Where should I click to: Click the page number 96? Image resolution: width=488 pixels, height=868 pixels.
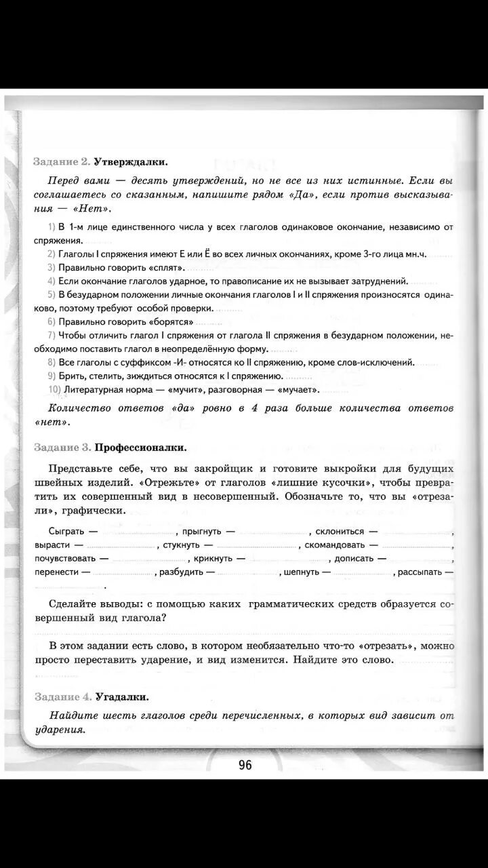(245, 765)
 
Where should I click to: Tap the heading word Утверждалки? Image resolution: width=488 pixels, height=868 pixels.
(130, 162)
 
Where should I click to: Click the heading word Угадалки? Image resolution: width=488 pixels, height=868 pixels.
(122, 677)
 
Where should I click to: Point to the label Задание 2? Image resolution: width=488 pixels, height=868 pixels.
(62, 162)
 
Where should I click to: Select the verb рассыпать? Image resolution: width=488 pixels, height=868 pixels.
(421, 572)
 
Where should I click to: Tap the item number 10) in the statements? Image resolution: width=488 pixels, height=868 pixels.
(55, 390)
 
